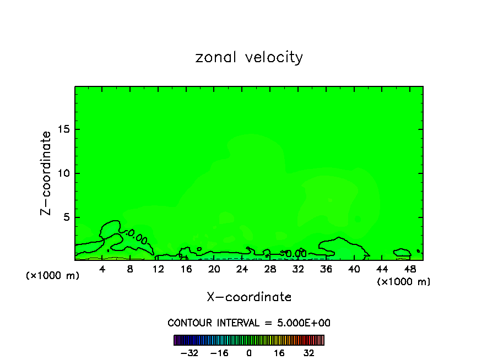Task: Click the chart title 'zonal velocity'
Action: pos(249,57)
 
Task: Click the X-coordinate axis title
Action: pos(249,297)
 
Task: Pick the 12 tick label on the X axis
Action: pos(159,269)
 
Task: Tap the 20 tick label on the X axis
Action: pos(214,269)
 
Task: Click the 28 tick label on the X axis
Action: pos(270,269)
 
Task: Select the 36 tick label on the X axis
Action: pos(326,269)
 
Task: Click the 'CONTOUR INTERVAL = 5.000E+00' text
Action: pos(249,323)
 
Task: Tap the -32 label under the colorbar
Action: pos(190,353)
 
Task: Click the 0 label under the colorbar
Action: pos(249,353)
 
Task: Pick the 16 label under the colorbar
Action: pos(279,353)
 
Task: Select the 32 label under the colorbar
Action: pos(308,353)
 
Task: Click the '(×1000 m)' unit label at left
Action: pos(53,276)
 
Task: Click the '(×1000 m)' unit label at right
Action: pos(404,282)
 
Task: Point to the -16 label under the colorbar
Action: pos(219,353)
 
